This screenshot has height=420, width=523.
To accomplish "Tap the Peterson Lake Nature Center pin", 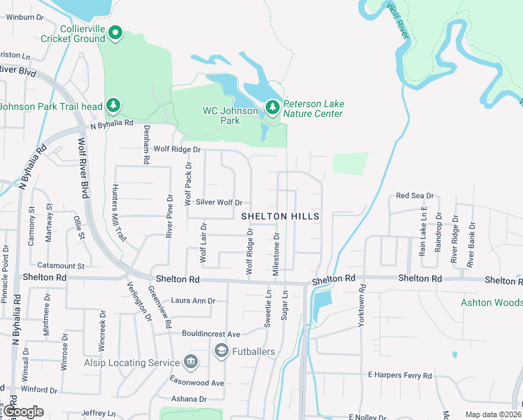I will [x=272, y=108].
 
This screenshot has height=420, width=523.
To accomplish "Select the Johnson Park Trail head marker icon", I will [x=113, y=106].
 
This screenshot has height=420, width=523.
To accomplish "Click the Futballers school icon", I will [x=222, y=351].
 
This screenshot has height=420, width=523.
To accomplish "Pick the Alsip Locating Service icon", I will [x=190, y=362].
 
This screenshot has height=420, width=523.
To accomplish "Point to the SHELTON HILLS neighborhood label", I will [x=280, y=217].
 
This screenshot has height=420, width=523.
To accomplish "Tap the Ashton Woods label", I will [x=492, y=302].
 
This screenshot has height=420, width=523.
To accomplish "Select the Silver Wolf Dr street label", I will [x=218, y=202].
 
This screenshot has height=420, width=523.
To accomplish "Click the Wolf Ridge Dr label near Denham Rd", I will [x=177, y=149].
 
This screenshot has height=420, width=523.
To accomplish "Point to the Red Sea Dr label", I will [x=415, y=197].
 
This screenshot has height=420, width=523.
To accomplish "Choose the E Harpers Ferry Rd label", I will [x=400, y=376].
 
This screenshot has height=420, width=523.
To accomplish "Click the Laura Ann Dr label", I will [x=193, y=301].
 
